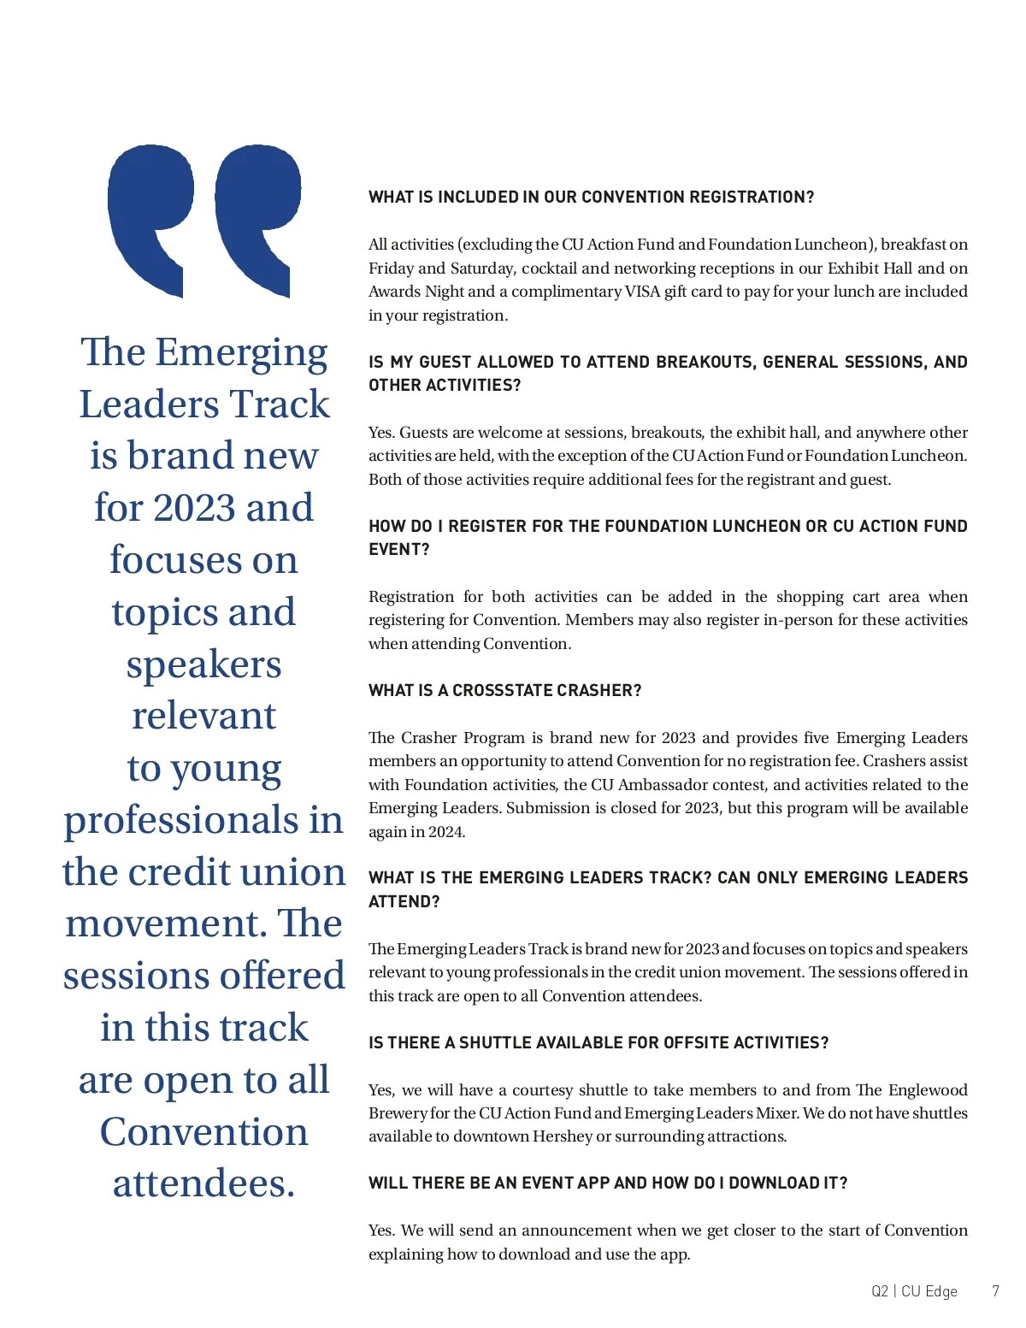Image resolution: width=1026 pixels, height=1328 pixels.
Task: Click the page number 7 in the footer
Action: (x=995, y=1291)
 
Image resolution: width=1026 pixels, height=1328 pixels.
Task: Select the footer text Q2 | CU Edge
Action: (x=914, y=1291)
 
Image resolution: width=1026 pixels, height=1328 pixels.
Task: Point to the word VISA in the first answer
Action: (x=642, y=292)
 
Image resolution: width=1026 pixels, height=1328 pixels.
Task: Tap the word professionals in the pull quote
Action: (x=180, y=820)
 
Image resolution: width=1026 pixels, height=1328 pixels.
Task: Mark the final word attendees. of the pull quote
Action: (x=203, y=1183)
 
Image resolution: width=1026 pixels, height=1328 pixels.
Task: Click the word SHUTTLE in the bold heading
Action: (x=497, y=1043)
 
